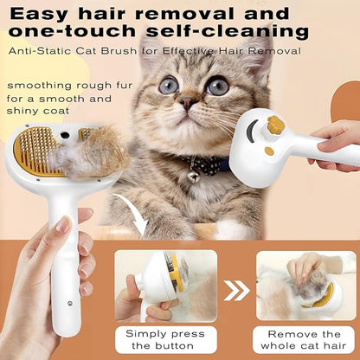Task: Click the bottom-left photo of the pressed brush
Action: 164,285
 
